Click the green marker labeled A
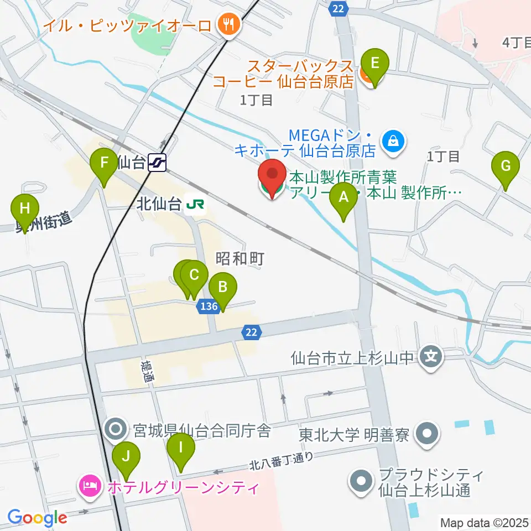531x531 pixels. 343,197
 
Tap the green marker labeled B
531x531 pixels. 223,288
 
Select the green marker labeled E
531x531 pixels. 374,63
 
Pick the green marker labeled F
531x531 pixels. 103,164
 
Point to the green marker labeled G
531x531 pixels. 506,166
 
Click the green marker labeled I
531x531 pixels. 181,447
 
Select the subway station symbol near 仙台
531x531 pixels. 158,163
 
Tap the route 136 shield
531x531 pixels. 209,306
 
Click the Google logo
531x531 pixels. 37,518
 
